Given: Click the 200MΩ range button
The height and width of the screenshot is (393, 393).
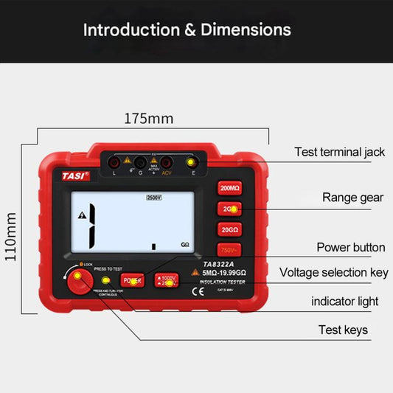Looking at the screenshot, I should point(229,189).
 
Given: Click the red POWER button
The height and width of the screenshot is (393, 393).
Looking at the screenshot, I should point(132,281).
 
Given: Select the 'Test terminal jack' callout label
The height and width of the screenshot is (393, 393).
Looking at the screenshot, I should point(339,152).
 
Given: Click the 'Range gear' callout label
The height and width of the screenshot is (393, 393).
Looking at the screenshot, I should point(352,198).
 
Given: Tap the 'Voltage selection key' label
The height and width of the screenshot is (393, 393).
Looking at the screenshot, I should point(333,273).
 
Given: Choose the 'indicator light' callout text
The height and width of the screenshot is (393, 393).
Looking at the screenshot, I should point(344,302).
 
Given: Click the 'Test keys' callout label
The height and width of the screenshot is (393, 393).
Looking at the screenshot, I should point(343,330).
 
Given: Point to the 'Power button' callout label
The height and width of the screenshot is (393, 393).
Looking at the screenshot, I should point(350,247).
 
